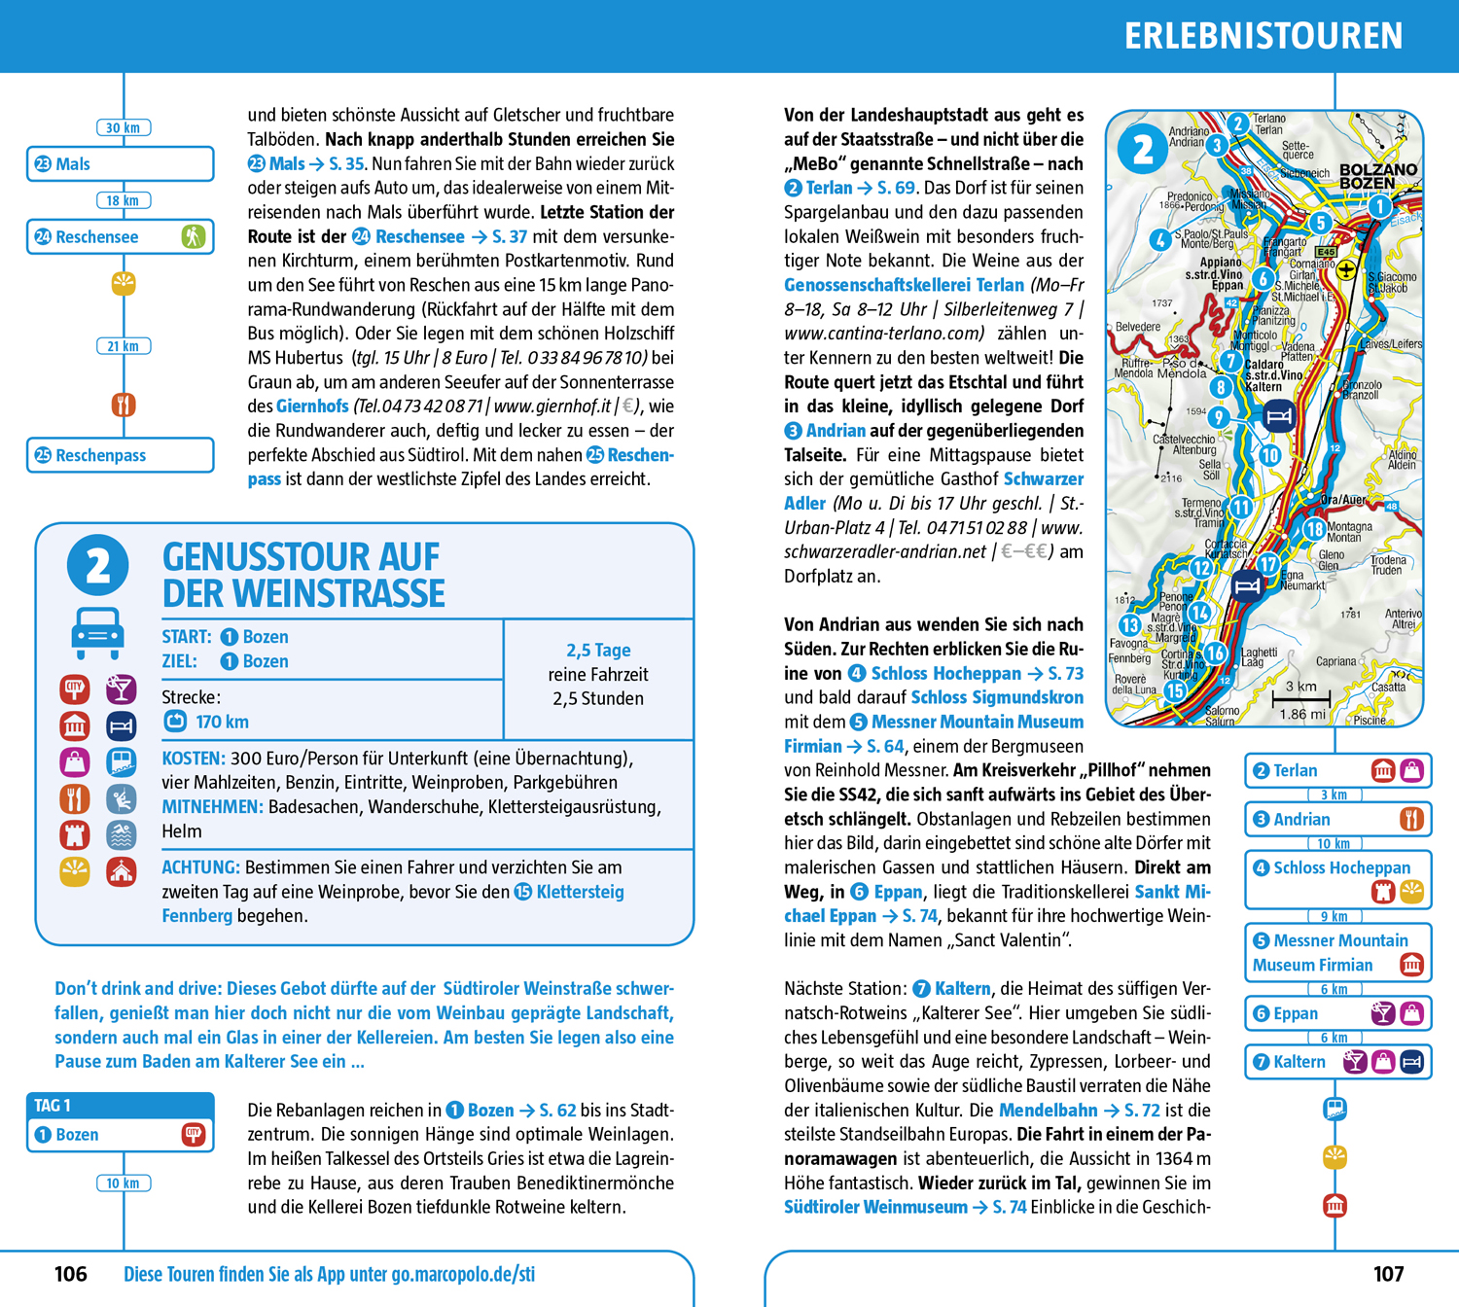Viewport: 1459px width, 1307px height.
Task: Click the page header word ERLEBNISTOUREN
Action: click(1263, 37)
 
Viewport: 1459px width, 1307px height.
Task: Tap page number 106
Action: click(71, 1274)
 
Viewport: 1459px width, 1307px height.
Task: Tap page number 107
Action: click(1388, 1274)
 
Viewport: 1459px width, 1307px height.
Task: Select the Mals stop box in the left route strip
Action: click(120, 164)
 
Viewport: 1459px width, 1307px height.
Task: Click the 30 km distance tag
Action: click(124, 128)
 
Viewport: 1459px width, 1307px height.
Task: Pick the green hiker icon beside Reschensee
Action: click(193, 236)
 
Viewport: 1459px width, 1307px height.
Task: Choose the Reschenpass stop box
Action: click(120, 455)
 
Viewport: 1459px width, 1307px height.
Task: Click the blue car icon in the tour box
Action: click(97, 632)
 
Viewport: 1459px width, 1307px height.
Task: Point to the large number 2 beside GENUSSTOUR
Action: click(98, 565)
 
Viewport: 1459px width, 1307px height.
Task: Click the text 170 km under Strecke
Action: click(222, 722)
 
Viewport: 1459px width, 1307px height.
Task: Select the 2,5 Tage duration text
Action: click(598, 650)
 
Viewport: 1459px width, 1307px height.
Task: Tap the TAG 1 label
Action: click(53, 1106)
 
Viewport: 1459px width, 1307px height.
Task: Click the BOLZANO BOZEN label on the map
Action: click(1378, 176)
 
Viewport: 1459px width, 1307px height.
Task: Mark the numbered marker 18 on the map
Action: click(1314, 530)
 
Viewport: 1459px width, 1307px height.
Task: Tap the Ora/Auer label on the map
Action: click(1343, 500)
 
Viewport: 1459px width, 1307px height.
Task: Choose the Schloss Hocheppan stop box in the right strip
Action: click(1338, 879)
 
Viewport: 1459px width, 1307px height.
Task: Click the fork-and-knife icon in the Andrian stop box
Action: click(1411, 819)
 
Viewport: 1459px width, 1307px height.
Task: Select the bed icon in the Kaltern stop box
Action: click(1412, 1062)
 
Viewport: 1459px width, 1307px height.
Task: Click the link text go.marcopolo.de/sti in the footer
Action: click(463, 1274)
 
